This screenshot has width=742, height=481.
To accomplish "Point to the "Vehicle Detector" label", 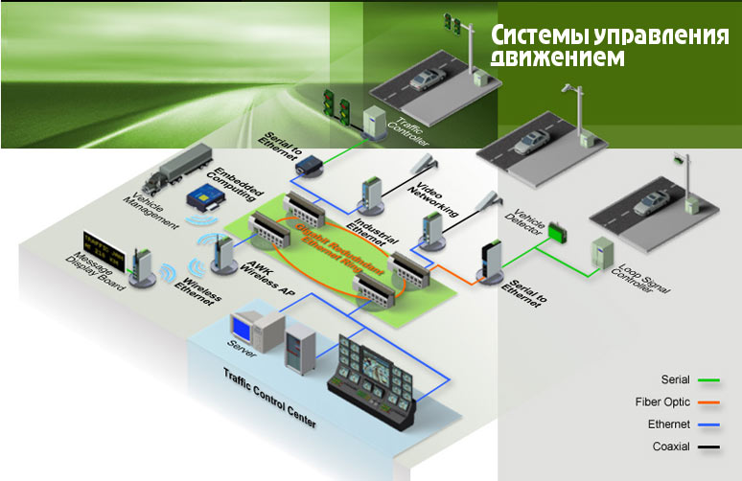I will (x=529, y=226).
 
